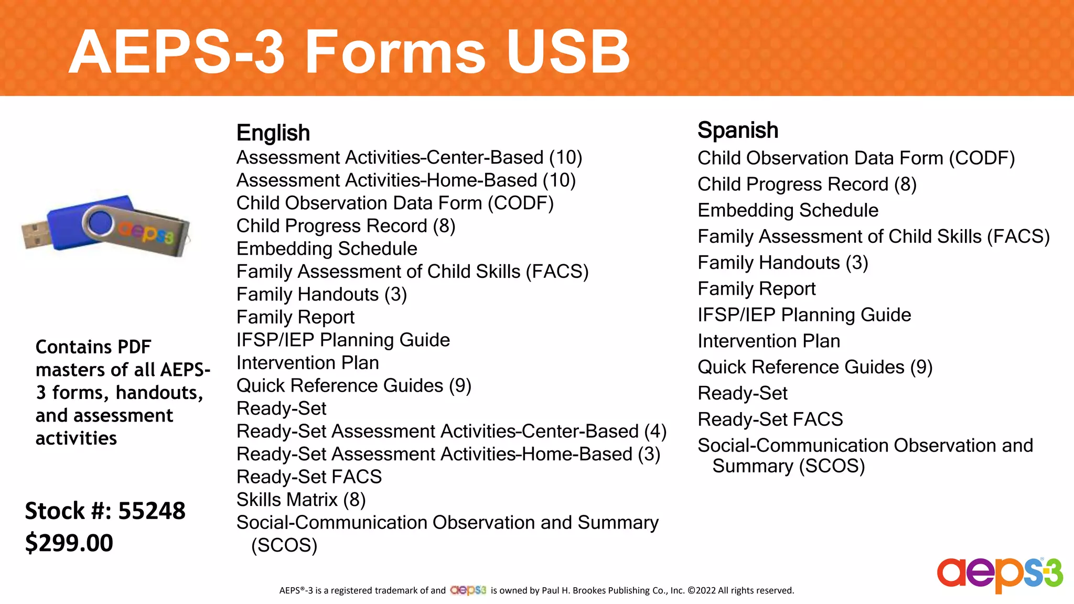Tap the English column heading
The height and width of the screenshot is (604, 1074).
273,133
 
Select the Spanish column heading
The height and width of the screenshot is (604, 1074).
737,130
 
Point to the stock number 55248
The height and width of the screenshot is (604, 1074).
152,511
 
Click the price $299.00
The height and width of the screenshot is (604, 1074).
69,543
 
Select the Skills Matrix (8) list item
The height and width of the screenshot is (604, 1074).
301,500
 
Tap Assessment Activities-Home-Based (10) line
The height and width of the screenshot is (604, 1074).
406,180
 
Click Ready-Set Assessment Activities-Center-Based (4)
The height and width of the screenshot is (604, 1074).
451,431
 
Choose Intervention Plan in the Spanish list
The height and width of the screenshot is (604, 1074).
768,341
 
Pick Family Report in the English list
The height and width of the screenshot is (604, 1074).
295,317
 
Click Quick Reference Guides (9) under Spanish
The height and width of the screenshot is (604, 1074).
814,367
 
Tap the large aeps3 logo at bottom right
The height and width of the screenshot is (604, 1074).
1000,575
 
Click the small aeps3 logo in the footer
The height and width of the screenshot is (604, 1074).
468,590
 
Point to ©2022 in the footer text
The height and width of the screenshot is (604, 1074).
701,590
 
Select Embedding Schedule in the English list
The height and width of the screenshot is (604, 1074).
327,249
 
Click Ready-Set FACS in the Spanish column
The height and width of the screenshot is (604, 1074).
770,419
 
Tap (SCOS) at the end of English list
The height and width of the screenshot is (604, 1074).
284,545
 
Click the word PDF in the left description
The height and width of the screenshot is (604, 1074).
134,347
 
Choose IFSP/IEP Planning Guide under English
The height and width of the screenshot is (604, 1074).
343,340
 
